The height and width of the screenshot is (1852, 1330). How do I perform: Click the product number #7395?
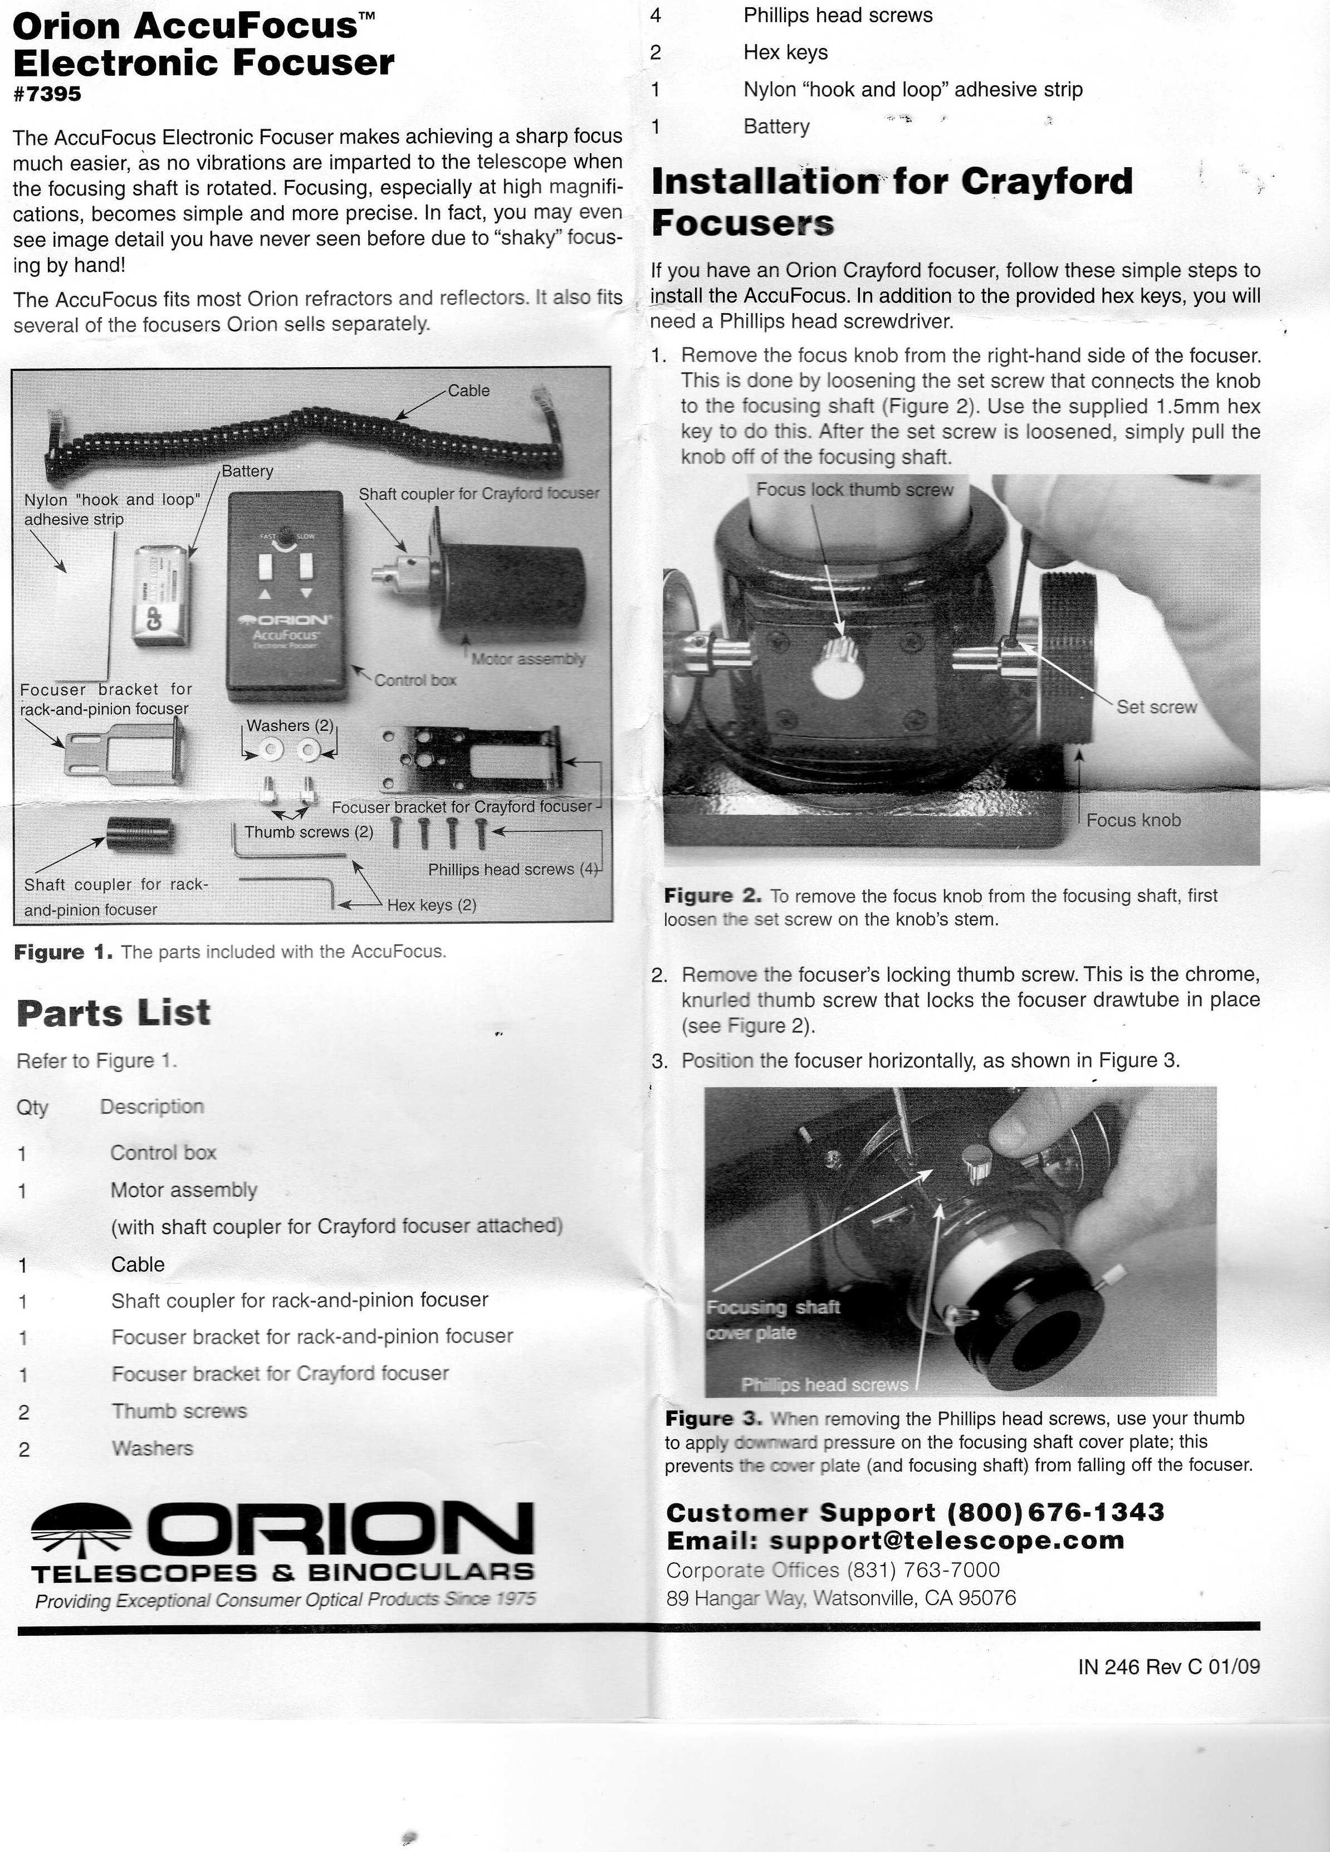[47, 95]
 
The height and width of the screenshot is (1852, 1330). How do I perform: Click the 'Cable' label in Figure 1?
[468, 391]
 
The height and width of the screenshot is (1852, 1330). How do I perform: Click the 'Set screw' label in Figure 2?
[1156, 707]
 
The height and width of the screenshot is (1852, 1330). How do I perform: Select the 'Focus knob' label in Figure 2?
[1133, 820]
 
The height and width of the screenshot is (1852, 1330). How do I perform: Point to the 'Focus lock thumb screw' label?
[854, 490]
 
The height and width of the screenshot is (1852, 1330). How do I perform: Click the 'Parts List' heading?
[114, 1013]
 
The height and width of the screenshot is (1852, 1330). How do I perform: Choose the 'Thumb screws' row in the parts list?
[179, 1411]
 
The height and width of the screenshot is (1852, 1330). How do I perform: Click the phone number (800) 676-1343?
[1055, 1512]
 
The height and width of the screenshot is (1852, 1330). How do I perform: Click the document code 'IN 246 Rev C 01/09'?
[1168, 1666]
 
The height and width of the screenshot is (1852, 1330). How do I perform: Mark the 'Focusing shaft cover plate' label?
[772, 1319]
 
